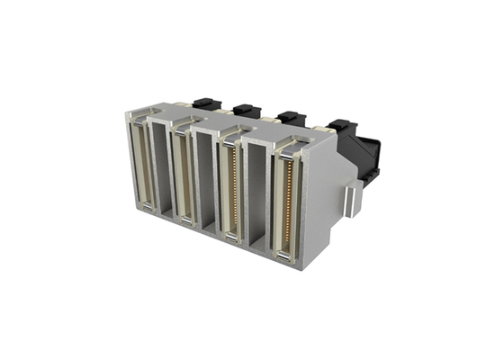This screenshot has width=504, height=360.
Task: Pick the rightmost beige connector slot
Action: [x=285, y=200]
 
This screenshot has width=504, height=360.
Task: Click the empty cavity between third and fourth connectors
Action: [x=257, y=193]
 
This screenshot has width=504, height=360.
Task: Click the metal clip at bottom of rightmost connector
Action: [x=283, y=258]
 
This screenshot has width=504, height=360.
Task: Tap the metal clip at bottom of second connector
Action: [x=185, y=221]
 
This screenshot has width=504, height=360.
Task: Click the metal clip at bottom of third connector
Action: [x=231, y=238]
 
